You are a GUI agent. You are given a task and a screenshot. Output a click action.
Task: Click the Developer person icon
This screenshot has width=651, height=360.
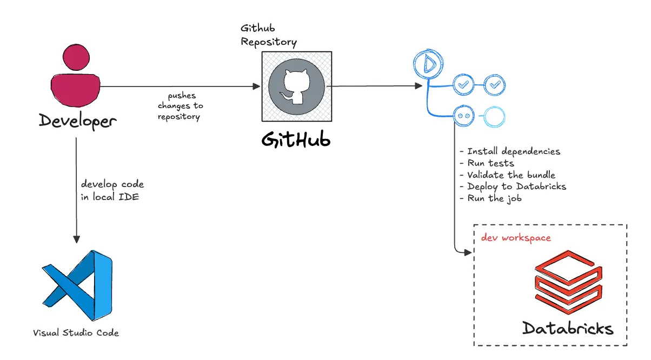(x=76, y=76)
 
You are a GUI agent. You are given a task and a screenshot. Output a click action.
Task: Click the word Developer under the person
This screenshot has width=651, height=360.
(x=77, y=121)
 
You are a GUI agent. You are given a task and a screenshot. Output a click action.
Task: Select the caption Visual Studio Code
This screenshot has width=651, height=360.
(x=76, y=332)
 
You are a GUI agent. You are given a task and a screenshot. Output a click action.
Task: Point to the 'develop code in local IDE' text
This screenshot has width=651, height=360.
(x=112, y=191)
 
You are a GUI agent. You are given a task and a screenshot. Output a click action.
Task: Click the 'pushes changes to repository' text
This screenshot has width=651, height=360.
(x=181, y=106)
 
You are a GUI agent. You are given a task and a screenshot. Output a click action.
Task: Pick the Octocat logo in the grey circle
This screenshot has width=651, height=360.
(x=296, y=87)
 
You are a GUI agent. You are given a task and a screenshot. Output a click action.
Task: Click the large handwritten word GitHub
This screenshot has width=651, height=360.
(x=296, y=139)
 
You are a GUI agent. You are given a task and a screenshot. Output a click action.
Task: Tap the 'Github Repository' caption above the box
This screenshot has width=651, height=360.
(x=269, y=35)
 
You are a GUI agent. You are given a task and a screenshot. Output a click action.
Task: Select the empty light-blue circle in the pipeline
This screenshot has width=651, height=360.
(x=494, y=116)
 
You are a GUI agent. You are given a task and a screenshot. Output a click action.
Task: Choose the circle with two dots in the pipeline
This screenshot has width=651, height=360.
(x=463, y=116)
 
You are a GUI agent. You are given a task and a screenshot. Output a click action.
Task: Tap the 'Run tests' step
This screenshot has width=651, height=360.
(x=486, y=163)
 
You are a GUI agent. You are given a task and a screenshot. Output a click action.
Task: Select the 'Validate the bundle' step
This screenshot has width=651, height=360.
(x=507, y=175)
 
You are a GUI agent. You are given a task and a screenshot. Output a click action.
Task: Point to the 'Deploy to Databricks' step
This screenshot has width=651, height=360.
(x=512, y=186)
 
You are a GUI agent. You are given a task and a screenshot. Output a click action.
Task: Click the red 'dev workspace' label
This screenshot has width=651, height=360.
(x=516, y=238)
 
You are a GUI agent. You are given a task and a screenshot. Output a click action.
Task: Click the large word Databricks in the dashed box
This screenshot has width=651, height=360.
(x=568, y=328)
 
